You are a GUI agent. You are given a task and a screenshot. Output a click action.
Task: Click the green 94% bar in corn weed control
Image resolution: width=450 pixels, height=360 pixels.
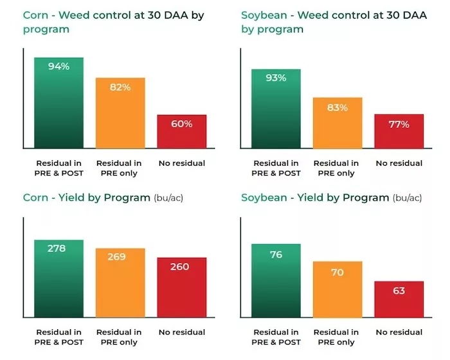pos(59,103)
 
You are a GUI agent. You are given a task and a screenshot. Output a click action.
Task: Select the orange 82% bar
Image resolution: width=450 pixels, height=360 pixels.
pos(120,113)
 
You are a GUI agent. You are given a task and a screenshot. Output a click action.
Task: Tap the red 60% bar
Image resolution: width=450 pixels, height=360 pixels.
pos(181,132)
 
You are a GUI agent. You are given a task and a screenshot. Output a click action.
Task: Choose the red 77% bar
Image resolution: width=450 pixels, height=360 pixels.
pos(399,131)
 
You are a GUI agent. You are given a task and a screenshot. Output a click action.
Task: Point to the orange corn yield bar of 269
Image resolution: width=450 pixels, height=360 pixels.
pos(120,283)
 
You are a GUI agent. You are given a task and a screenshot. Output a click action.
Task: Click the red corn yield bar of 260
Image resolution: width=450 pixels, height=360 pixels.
pos(181,287)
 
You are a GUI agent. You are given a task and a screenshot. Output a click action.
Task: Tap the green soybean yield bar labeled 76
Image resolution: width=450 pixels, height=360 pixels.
pos(276,281)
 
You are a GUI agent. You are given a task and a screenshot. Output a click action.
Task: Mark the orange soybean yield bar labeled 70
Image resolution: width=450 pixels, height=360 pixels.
pos(337,289)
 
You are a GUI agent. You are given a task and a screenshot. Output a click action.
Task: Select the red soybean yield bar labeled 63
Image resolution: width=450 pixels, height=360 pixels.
pos(399,299)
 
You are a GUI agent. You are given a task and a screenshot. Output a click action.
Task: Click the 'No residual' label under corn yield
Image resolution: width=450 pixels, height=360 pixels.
pos(181,332)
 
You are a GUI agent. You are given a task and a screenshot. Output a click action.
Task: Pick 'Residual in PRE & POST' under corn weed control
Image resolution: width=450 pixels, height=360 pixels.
pos(59,168)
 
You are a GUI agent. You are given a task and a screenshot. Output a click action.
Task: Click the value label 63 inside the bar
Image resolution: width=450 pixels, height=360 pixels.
pos(399,291)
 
